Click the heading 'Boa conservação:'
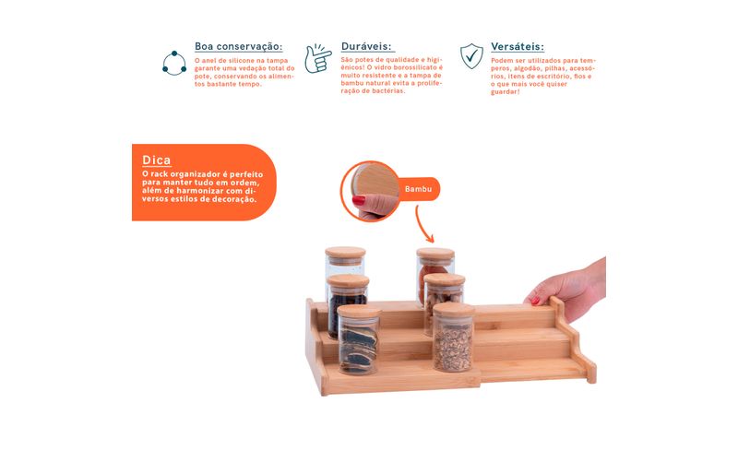[x=239, y=47]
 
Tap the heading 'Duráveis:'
[x=366, y=47]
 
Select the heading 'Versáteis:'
[x=518, y=47]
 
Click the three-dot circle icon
[x=174, y=63]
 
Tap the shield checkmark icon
[x=471, y=56]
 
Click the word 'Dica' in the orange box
[x=156, y=160]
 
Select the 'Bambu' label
[x=419, y=189]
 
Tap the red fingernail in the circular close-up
[x=359, y=200]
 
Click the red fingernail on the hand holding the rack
[x=535, y=301]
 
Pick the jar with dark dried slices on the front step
[x=359, y=339]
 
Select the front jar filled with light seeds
[x=453, y=337]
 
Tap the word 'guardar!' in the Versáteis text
[x=506, y=92]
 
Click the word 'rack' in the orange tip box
[x=159, y=174]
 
